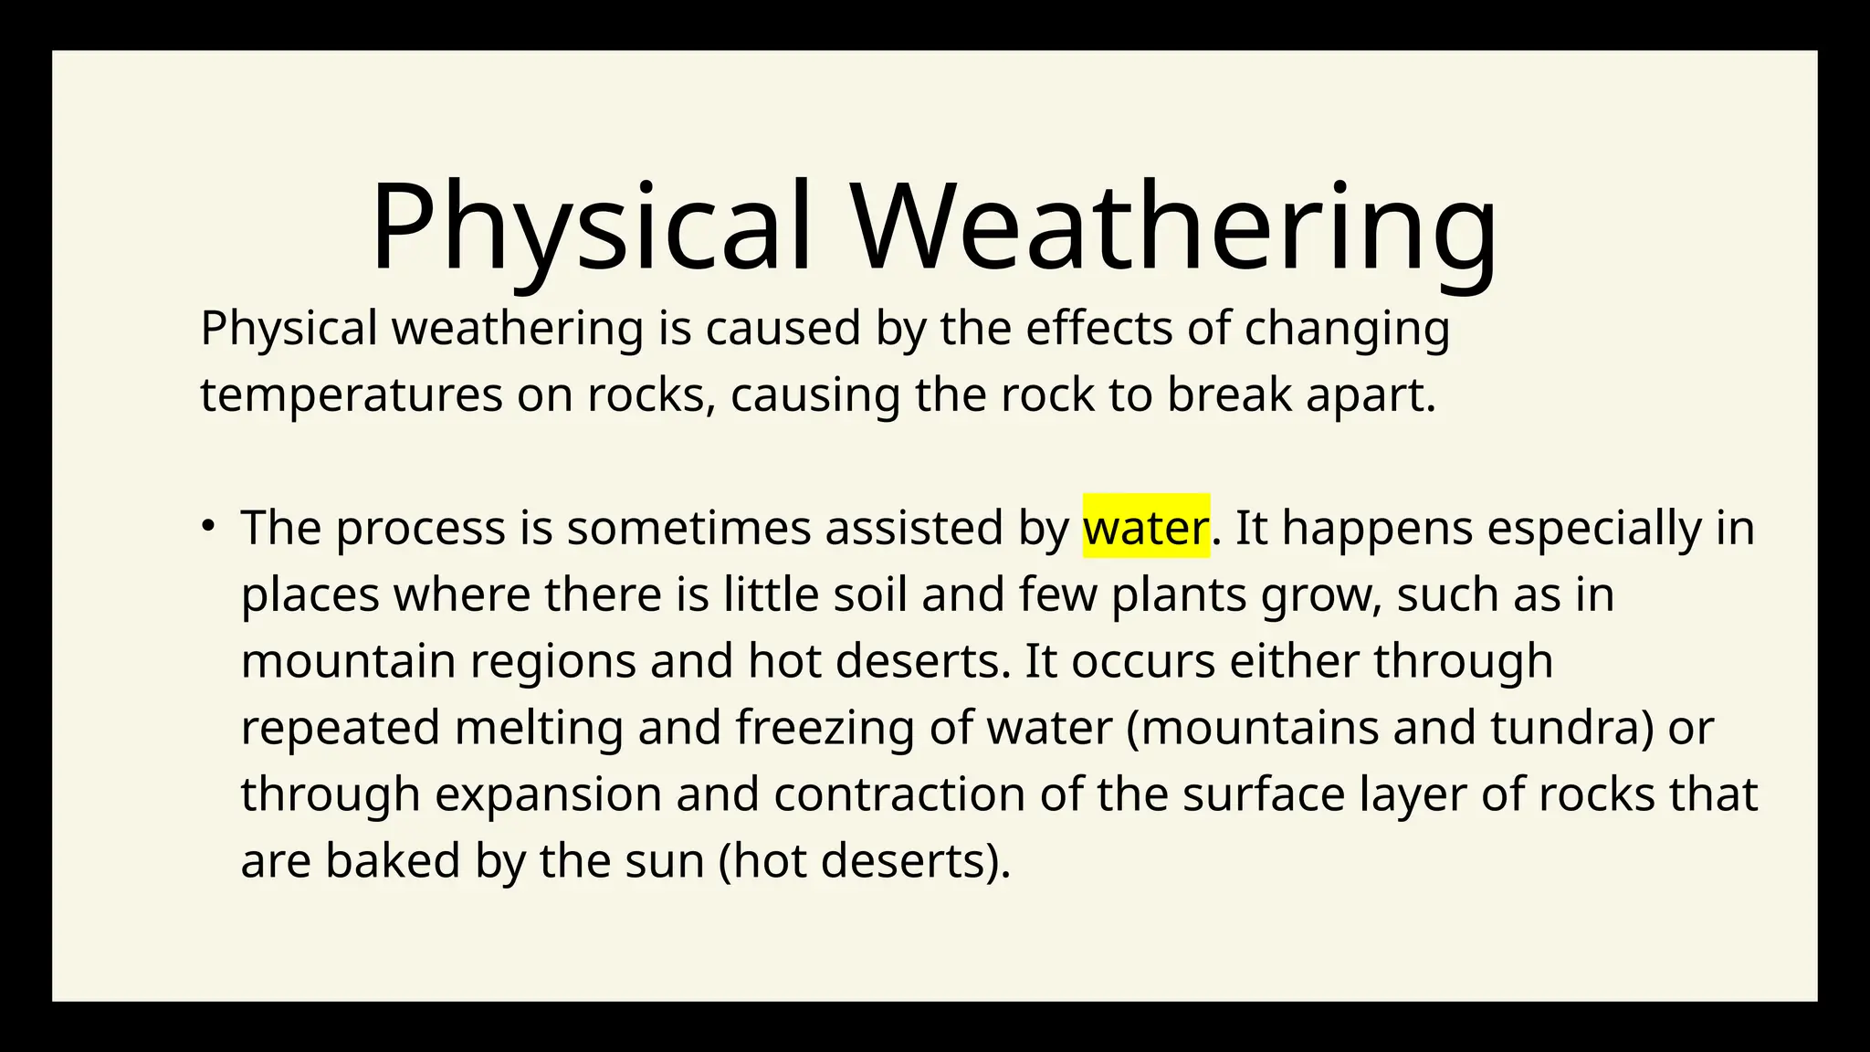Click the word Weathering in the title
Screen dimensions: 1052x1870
[x=1176, y=227]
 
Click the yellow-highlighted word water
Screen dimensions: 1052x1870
[x=1146, y=528]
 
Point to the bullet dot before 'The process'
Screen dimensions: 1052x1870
[x=208, y=525]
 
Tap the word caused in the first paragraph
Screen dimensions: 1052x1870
[x=783, y=329]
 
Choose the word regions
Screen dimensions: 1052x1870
[x=552, y=661]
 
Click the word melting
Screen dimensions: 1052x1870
[x=539, y=728]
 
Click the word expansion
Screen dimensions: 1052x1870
[x=548, y=794]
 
